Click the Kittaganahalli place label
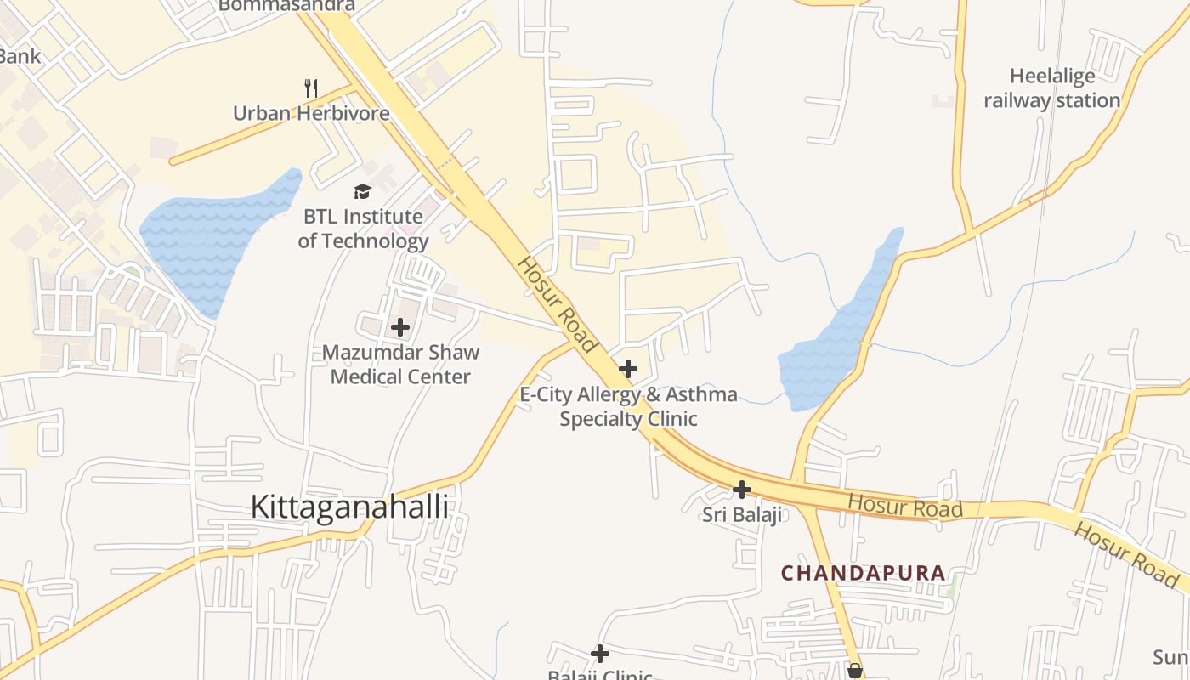point(348,507)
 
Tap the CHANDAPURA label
point(863,573)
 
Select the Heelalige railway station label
point(1052,88)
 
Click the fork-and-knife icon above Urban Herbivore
point(311,88)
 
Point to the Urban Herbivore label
point(311,113)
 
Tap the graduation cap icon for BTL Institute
point(363,191)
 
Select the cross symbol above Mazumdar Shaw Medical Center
point(400,327)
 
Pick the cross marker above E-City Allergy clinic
point(628,369)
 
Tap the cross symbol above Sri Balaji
point(742,490)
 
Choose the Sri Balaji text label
point(742,515)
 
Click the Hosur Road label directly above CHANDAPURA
point(905,507)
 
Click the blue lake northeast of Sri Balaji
point(837,340)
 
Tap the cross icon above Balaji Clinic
point(600,654)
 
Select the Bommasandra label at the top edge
point(286,6)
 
